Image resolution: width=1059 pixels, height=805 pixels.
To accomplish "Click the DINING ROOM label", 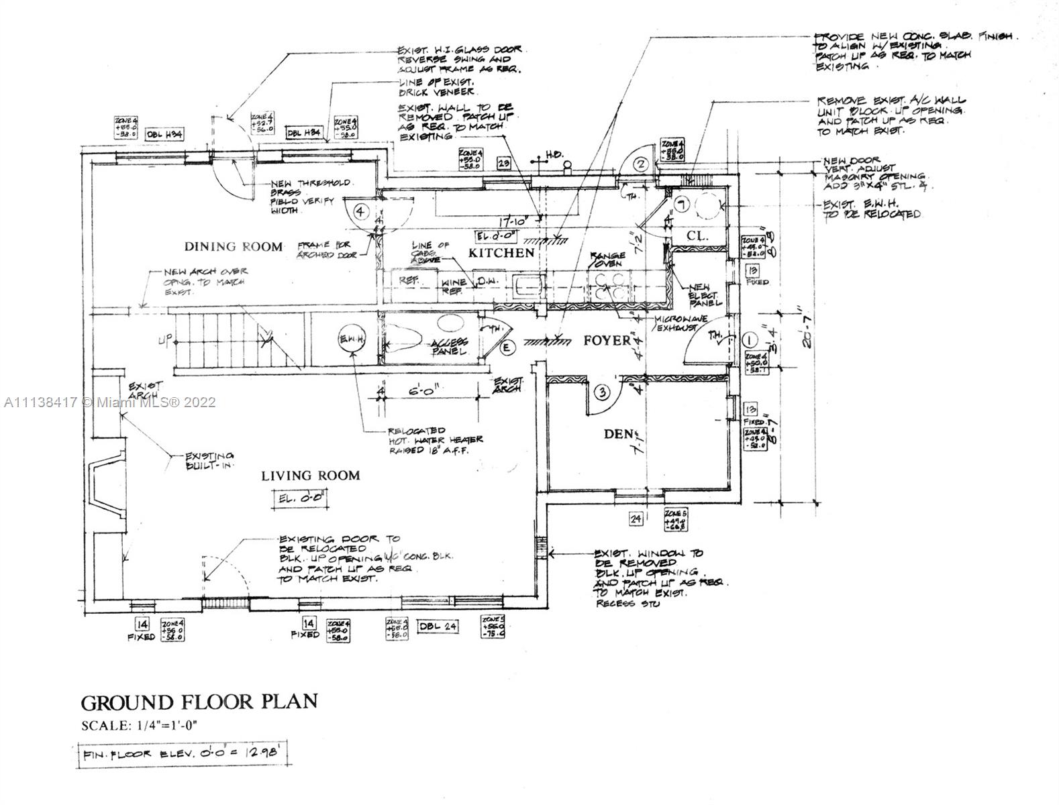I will (234, 246).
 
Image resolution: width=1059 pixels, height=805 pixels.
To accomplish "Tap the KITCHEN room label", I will (501, 253).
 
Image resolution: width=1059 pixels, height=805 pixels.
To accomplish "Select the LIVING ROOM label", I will (310, 476).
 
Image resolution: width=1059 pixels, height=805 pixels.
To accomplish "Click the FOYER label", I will (607, 340).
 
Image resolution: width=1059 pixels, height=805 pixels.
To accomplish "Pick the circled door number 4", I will (361, 212).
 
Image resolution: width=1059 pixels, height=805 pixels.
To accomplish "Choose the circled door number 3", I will (603, 393).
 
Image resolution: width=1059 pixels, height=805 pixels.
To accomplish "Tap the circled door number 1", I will (750, 339).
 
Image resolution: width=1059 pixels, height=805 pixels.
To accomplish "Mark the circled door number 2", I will (640, 164).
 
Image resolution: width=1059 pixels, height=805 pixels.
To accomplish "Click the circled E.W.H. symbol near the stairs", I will (352, 341).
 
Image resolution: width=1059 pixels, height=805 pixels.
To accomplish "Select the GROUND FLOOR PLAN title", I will (199, 702).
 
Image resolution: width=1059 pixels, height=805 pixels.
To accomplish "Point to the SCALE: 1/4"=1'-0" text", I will (140, 725).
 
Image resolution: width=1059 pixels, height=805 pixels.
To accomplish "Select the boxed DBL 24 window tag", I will (438, 627).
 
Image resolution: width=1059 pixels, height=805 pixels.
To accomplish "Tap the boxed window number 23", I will (505, 162).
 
